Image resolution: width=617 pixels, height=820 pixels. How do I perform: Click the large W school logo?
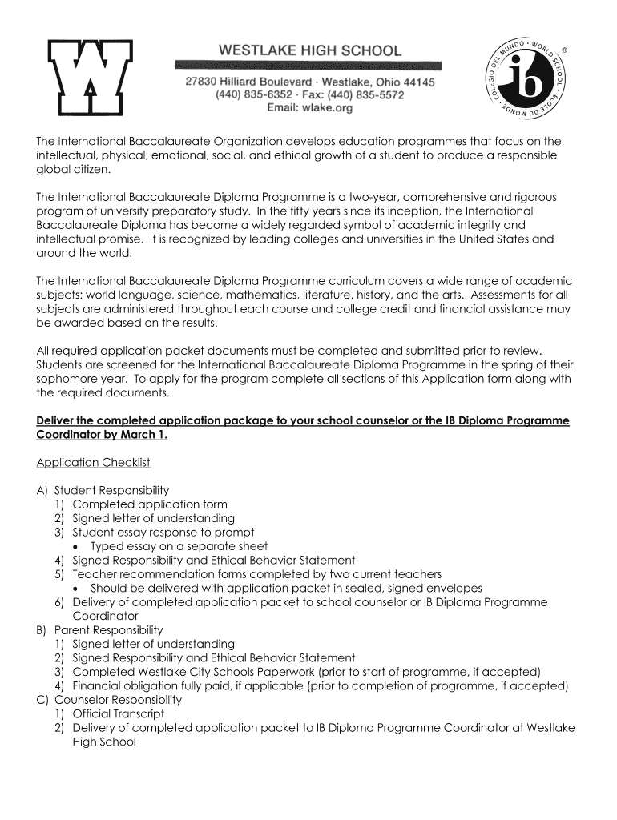click(x=91, y=77)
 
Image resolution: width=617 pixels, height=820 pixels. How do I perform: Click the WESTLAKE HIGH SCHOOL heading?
click(x=310, y=50)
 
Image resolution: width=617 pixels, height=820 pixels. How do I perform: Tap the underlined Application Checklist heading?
click(x=93, y=463)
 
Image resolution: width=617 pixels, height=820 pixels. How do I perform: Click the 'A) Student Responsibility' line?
click(x=103, y=490)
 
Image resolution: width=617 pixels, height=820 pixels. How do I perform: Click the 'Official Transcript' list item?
click(x=118, y=713)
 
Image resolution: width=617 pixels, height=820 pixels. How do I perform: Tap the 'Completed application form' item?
click(x=149, y=504)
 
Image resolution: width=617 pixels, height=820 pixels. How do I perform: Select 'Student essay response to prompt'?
click(x=163, y=533)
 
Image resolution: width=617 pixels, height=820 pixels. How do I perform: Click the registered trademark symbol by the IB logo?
click(x=564, y=50)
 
